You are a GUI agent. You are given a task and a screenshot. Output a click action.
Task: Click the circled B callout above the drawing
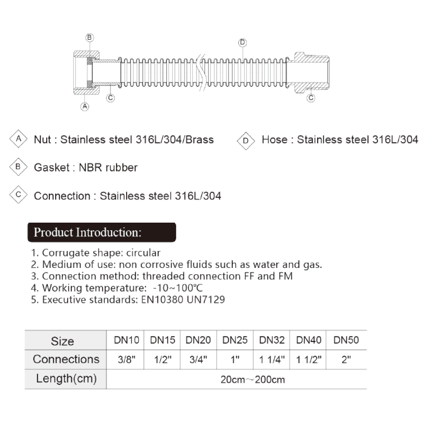click(x=90, y=37)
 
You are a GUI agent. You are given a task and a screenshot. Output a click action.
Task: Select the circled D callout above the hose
click(x=242, y=43)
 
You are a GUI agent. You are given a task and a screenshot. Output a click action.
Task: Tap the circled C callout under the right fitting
click(x=311, y=98)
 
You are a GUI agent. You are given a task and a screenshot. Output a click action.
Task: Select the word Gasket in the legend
click(x=51, y=168)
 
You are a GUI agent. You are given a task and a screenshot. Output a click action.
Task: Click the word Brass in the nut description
click(x=198, y=139)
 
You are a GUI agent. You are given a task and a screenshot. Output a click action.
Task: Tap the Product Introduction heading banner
click(x=101, y=232)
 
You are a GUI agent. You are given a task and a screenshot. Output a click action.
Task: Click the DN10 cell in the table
click(x=126, y=340)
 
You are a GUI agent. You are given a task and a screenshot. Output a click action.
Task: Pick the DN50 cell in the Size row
click(x=346, y=340)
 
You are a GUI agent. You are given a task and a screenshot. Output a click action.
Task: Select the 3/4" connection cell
click(x=198, y=360)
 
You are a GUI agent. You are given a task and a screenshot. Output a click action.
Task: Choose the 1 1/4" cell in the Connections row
click(x=272, y=360)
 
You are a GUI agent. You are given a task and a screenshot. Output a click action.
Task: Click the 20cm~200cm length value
click(x=253, y=380)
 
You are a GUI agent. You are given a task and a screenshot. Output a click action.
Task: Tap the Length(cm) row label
click(x=66, y=379)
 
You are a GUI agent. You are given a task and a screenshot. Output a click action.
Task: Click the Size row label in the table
click(x=63, y=341)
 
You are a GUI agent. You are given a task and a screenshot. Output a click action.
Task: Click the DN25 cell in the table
click(x=235, y=340)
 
